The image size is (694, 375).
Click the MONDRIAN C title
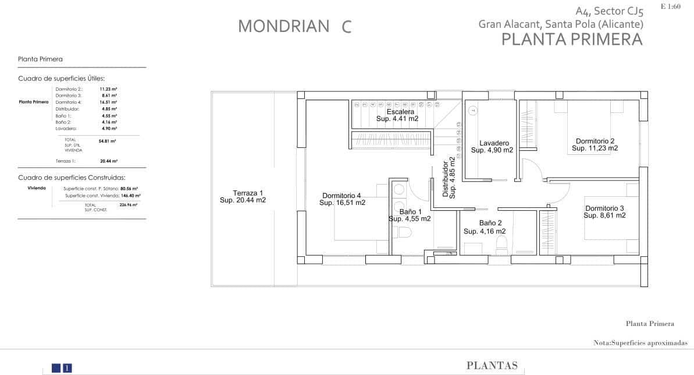[295, 26]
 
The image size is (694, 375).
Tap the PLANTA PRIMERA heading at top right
[571, 40]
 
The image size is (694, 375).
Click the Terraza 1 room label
[243, 196]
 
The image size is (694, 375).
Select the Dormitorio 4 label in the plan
[342, 199]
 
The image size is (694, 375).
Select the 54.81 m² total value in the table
[108, 141]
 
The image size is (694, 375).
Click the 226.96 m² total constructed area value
[128, 205]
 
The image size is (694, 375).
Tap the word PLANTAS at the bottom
[492, 366]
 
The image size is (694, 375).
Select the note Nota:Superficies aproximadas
[640, 344]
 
